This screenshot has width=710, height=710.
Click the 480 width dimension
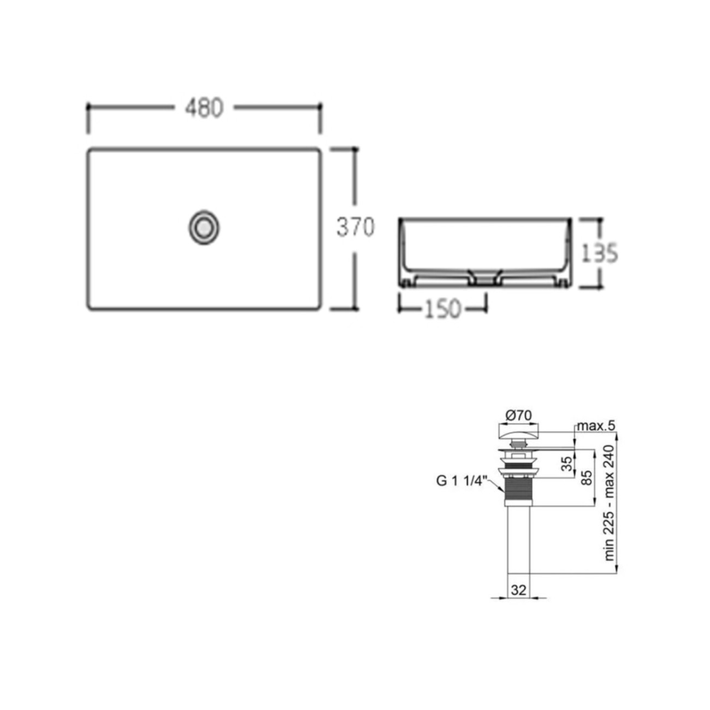pos(204,108)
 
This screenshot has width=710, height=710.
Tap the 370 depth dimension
pos(355,227)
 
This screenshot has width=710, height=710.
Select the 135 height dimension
pos(599,253)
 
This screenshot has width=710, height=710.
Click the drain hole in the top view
pos(204,227)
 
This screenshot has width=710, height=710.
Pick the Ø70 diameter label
pos(519,416)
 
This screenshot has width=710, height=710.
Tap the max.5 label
pos(596,427)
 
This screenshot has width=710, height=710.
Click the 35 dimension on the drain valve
pos(568,464)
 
